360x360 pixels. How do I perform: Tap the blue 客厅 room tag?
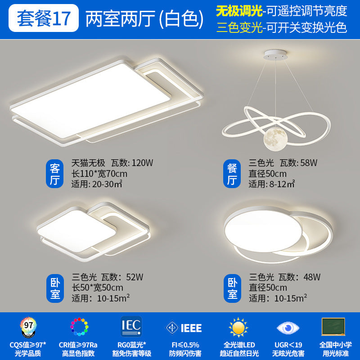click(x=55, y=175)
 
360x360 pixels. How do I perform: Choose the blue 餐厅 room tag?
click(x=232, y=175)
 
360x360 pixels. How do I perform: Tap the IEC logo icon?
click(x=131, y=326)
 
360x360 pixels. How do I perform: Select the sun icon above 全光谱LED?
click(x=238, y=327)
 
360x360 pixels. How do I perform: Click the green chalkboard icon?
click(x=333, y=326)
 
